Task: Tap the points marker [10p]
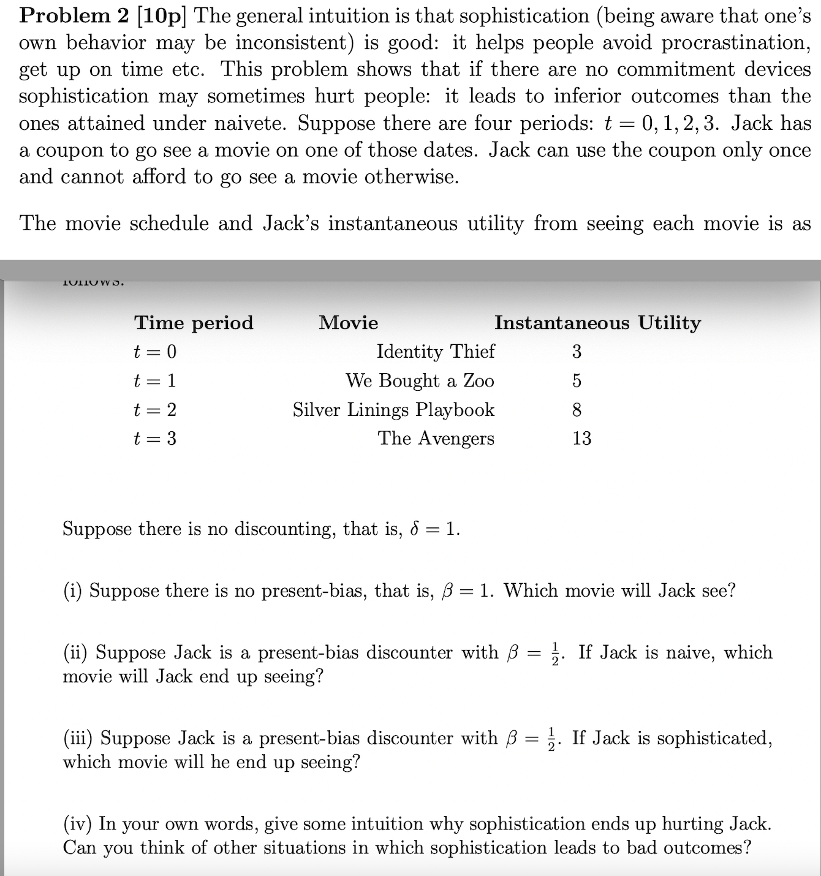(x=161, y=16)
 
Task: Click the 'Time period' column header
(x=194, y=323)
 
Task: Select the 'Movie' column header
(x=348, y=323)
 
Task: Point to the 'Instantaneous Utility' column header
(x=597, y=323)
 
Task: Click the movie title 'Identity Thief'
(x=435, y=352)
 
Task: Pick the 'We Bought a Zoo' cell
(x=419, y=380)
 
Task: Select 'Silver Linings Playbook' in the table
(x=393, y=409)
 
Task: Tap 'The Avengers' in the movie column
(x=436, y=438)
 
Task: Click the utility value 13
(x=581, y=438)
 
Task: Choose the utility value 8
(x=577, y=409)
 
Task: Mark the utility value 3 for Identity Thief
(x=577, y=352)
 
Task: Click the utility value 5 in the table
(x=577, y=380)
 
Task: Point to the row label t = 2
(x=155, y=409)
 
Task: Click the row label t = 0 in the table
(x=155, y=352)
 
